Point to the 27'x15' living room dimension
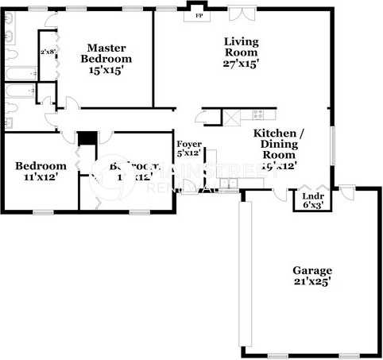(242, 63)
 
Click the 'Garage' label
(311, 270)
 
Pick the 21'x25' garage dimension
(311, 282)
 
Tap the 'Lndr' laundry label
(311, 195)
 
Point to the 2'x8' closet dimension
(47, 52)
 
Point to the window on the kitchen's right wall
(332, 146)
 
